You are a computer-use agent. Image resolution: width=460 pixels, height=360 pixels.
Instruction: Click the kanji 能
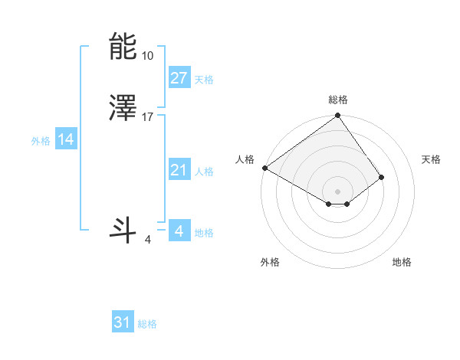pyautogui.click(x=123, y=47)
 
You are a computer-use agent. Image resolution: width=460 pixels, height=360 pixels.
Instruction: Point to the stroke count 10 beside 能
pyautogui.click(x=147, y=56)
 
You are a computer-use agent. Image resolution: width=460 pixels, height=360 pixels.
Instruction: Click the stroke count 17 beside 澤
pyautogui.click(x=148, y=117)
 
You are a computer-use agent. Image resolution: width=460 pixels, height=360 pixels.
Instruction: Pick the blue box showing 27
pyautogui.click(x=179, y=78)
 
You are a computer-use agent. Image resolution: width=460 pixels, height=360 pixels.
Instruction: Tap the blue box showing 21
pyautogui.click(x=179, y=170)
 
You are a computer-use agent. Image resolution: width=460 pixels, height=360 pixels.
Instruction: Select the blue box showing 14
pyautogui.click(x=66, y=139)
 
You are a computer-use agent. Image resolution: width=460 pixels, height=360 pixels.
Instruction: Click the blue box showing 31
pyautogui.click(x=123, y=322)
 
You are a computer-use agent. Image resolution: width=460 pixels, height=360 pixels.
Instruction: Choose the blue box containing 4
pyautogui.click(x=179, y=231)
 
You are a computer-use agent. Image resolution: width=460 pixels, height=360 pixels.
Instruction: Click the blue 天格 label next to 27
pyautogui.click(x=204, y=80)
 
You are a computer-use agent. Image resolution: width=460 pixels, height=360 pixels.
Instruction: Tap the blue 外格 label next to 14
pyautogui.click(x=41, y=141)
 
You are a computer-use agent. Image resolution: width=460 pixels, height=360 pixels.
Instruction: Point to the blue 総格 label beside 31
pyautogui.click(x=147, y=324)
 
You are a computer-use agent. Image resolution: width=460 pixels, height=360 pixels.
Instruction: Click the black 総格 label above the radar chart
pyautogui.click(x=338, y=100)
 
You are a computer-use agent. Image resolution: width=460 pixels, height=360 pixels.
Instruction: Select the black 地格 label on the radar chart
pyautogui.click(x=402, y=262)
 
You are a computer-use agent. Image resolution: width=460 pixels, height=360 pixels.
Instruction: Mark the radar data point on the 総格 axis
pyautogui.click(x=338, y=116)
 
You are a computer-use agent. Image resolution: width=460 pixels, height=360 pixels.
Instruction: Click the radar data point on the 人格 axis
pyautogui.click(x=264, y=168)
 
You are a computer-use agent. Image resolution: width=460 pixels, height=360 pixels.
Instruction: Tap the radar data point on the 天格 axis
pyautogui.click(x=381, y=177)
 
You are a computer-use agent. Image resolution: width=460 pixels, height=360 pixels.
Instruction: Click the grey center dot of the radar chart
pyautogui.click(x=338, y=191)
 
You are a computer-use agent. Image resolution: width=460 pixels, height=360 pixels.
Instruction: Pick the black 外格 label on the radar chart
pyautogui.click(x=270, y=262)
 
